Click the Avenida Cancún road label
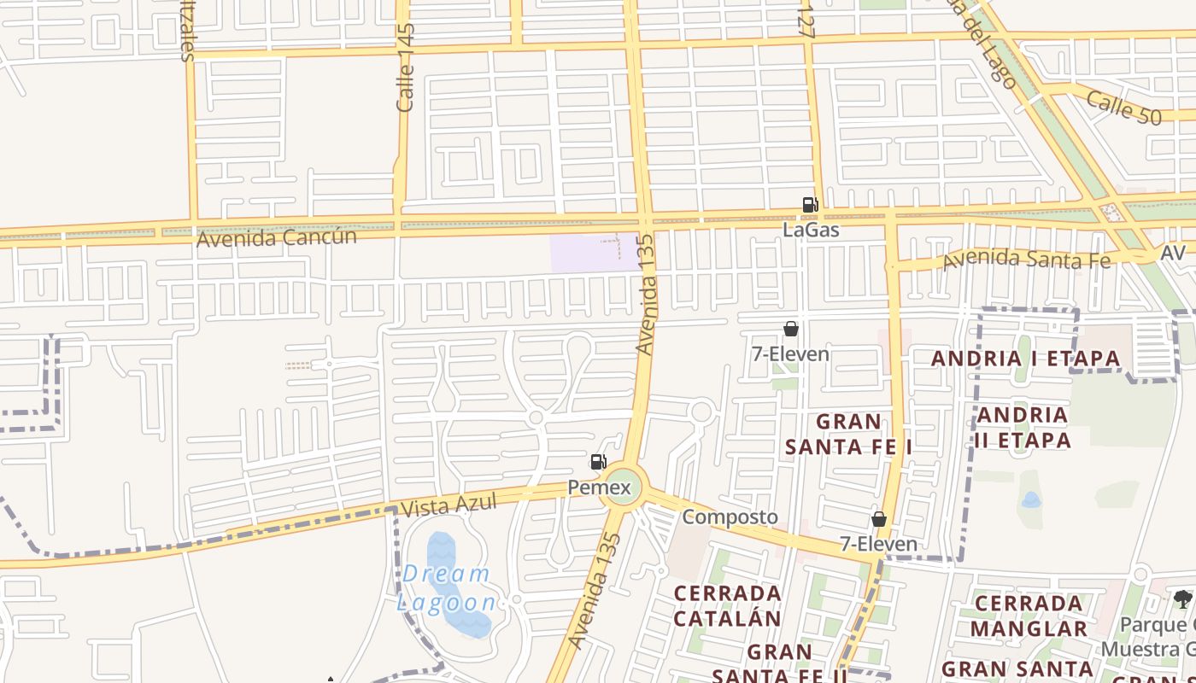[276, 237]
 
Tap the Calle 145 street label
[406, 67]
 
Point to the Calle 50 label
[1123, 108]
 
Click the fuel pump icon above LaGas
[810, 204]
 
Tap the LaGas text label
[811, 230]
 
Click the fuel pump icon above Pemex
[599, 462]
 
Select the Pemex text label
[600, 488]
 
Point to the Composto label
[730, 517]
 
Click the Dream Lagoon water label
[446, 588]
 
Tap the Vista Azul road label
[448, 505]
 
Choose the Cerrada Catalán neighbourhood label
[727, 605]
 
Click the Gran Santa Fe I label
[848, 434]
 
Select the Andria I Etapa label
[1025, 359]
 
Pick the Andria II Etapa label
[1023, 428]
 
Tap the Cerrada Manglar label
[1029, 616]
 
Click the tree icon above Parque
[1183, 598]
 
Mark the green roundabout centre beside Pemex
[624, 484]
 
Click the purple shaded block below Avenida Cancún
[594, 253]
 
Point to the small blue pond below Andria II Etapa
[1031, 499]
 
